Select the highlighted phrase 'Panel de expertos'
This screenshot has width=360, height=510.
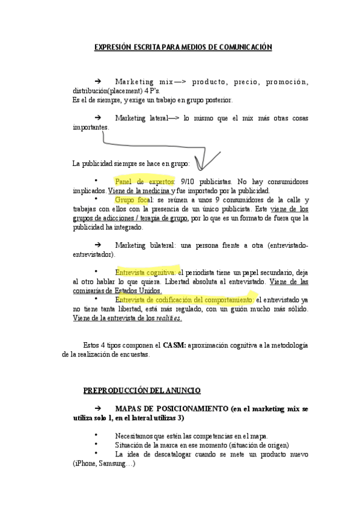tap(144, 181)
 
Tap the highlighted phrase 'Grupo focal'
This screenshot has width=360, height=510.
tap(133, 200)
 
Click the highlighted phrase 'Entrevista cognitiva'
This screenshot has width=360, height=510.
tap(146, 272)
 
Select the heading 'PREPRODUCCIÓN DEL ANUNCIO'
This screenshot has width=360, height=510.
tap(142, 390)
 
